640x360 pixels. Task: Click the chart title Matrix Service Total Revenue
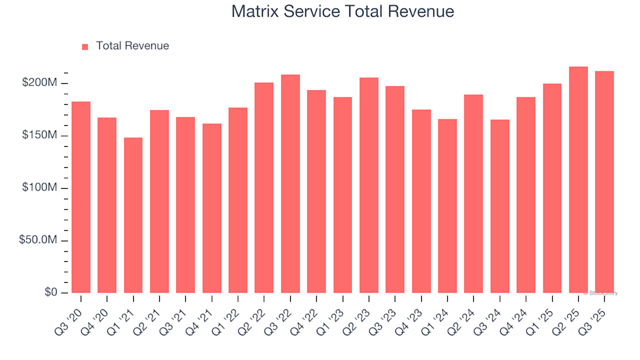343,11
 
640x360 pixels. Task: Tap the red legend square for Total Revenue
85,47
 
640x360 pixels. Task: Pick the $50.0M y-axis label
40,241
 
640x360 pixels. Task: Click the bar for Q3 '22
290,184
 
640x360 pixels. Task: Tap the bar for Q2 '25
578,180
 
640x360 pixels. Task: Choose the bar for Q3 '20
81,197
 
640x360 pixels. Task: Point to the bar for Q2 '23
369,185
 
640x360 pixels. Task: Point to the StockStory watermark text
601,293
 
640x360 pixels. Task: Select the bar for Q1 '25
552,188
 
